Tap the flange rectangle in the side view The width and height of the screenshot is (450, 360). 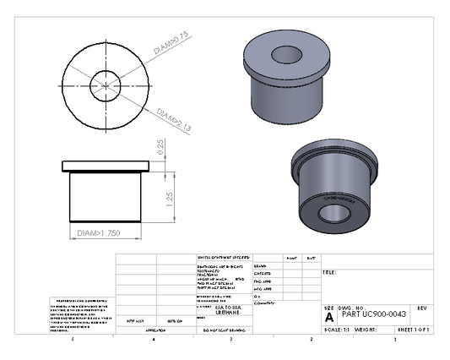pos(106,165)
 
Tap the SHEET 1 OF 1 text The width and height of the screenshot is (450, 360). pos(413,327)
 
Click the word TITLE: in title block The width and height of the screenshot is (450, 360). pos(330,273)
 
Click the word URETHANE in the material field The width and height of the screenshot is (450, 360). pos(217,311)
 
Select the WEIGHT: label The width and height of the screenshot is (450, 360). pos(366,327)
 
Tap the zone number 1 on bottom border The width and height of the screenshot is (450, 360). pos(394,340)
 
